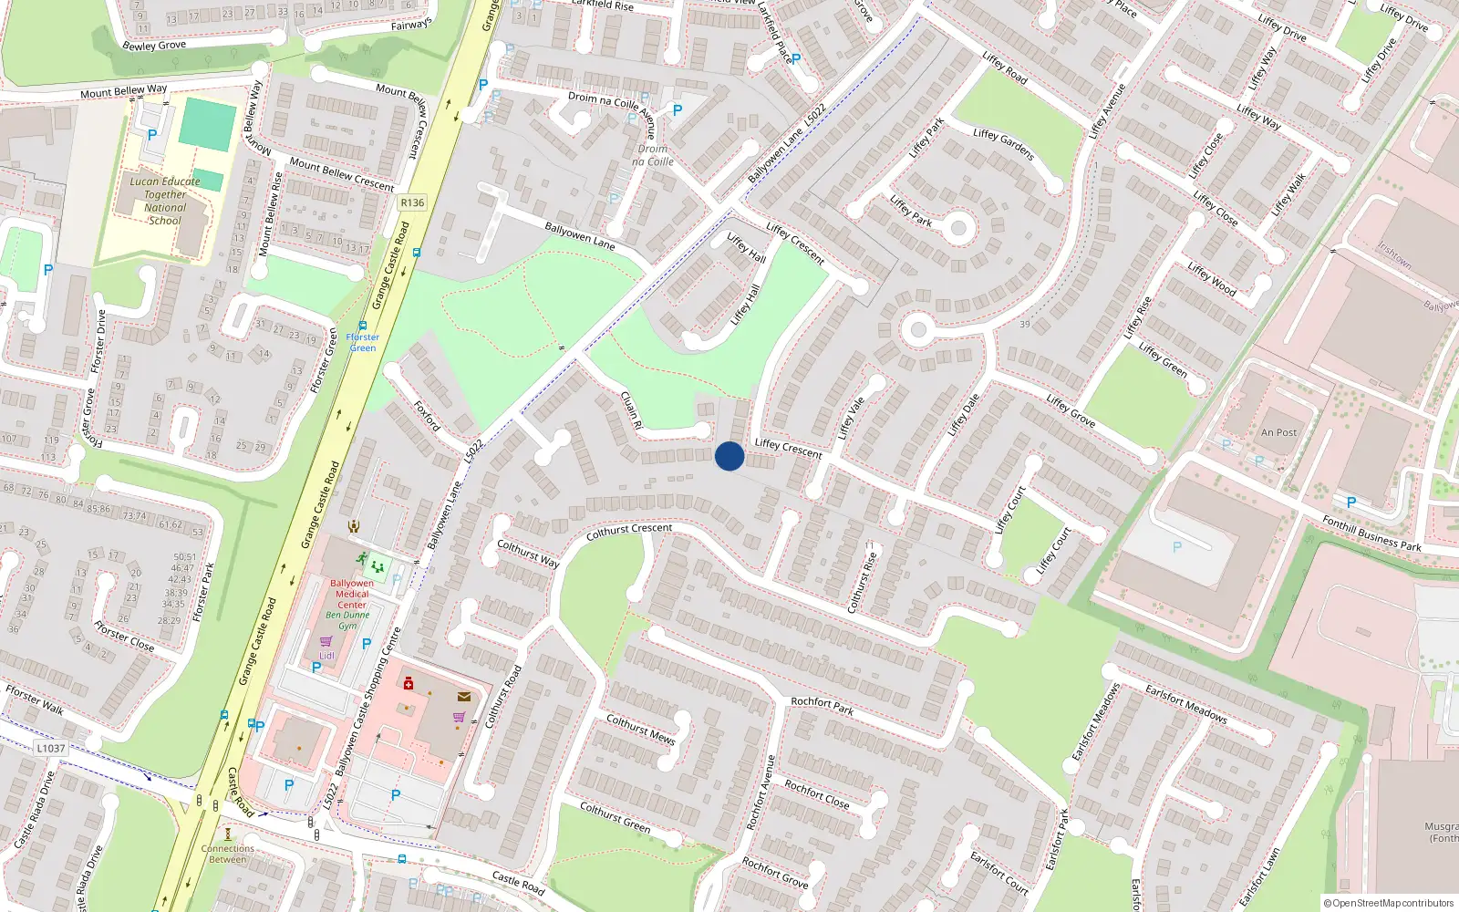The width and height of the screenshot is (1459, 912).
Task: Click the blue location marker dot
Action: (x=729, y=456)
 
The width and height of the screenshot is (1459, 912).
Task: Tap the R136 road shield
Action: (x=412, y=202)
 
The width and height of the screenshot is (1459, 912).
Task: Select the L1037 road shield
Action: (x=51, y=748)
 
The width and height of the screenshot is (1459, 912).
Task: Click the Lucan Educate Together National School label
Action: (x=165, y=201)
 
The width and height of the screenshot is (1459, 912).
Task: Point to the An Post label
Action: (x=1278, y=432)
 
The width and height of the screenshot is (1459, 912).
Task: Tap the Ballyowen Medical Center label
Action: (x=352, y=594)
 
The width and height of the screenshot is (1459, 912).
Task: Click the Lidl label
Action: (x=326, y=656)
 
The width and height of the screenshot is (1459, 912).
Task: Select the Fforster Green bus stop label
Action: (x=363, y=342)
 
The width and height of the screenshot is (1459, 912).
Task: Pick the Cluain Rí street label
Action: (x=631, y=410)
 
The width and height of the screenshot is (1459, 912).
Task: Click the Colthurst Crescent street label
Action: (x=629, y=531)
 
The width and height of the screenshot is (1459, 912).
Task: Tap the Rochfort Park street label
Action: (x=823, y=706)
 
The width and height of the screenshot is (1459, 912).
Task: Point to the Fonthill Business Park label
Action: (x=1371, y=534)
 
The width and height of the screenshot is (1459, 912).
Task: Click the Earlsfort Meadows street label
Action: (x=1185, y=704)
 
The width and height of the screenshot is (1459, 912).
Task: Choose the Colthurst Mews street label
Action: (x=640, y=729)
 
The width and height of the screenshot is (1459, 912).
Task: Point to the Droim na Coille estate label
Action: (x=653, y=155)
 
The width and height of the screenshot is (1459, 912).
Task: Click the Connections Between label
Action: (x=228, y=854)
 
